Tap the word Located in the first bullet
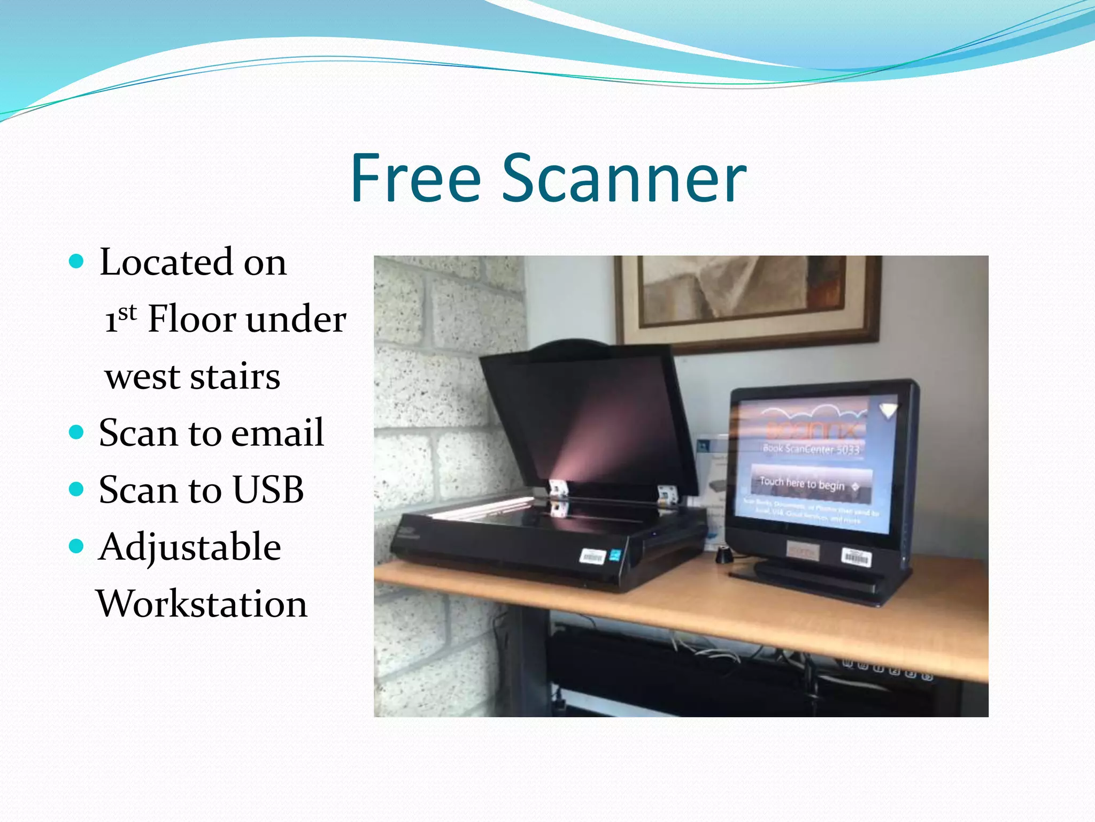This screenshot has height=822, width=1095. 166,262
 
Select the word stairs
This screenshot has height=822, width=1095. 235,377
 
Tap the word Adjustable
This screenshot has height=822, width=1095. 190,547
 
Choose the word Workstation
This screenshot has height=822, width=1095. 202,604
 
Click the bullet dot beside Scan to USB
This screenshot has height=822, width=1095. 77,489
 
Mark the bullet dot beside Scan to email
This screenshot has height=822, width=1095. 77,432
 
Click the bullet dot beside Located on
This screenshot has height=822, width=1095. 77,261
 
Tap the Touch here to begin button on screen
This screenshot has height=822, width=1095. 811,484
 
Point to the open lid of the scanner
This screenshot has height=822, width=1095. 588,417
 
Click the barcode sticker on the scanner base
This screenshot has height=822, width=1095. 592,557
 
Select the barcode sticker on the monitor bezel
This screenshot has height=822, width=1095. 856,557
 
